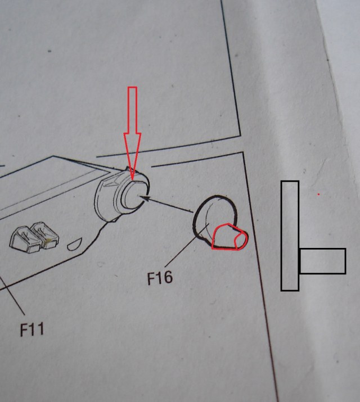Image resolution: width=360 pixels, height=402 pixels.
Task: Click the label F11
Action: point(31,328)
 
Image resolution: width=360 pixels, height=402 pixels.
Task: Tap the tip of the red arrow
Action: point(133,179)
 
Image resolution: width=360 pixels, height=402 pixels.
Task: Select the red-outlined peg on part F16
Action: point(228,237)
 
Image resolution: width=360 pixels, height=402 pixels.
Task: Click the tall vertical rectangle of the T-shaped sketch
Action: point(290,236)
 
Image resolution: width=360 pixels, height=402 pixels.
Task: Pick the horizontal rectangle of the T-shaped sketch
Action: point(322,261)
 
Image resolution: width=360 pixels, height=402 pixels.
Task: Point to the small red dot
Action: point(318,195)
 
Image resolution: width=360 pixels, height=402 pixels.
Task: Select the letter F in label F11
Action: point(24,329)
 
